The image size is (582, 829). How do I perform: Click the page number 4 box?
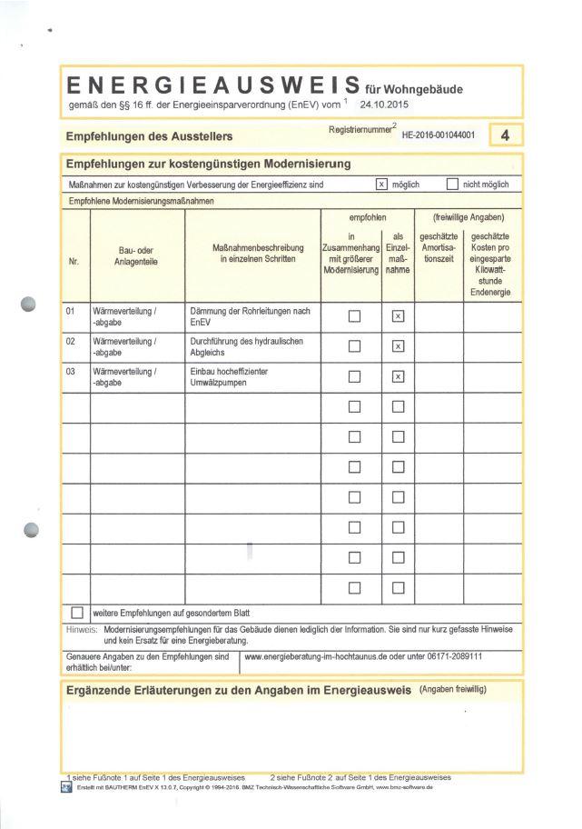[x=504, y=136]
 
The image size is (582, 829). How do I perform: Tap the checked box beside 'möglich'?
[x=381, y=185]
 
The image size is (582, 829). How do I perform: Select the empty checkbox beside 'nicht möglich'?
[x=452, y=185]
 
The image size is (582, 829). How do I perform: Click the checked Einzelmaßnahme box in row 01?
[x=397, y=316]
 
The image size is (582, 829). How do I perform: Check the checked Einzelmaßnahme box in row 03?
[x=397, y=377]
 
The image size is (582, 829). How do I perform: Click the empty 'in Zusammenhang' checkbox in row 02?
[x=355, y=346]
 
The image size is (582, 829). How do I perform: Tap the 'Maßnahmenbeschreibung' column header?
[x=252, y=254]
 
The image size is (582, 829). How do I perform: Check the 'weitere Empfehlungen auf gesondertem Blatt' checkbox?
[x=76, y=612]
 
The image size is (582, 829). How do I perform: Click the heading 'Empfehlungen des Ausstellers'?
[x=149, y=136]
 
